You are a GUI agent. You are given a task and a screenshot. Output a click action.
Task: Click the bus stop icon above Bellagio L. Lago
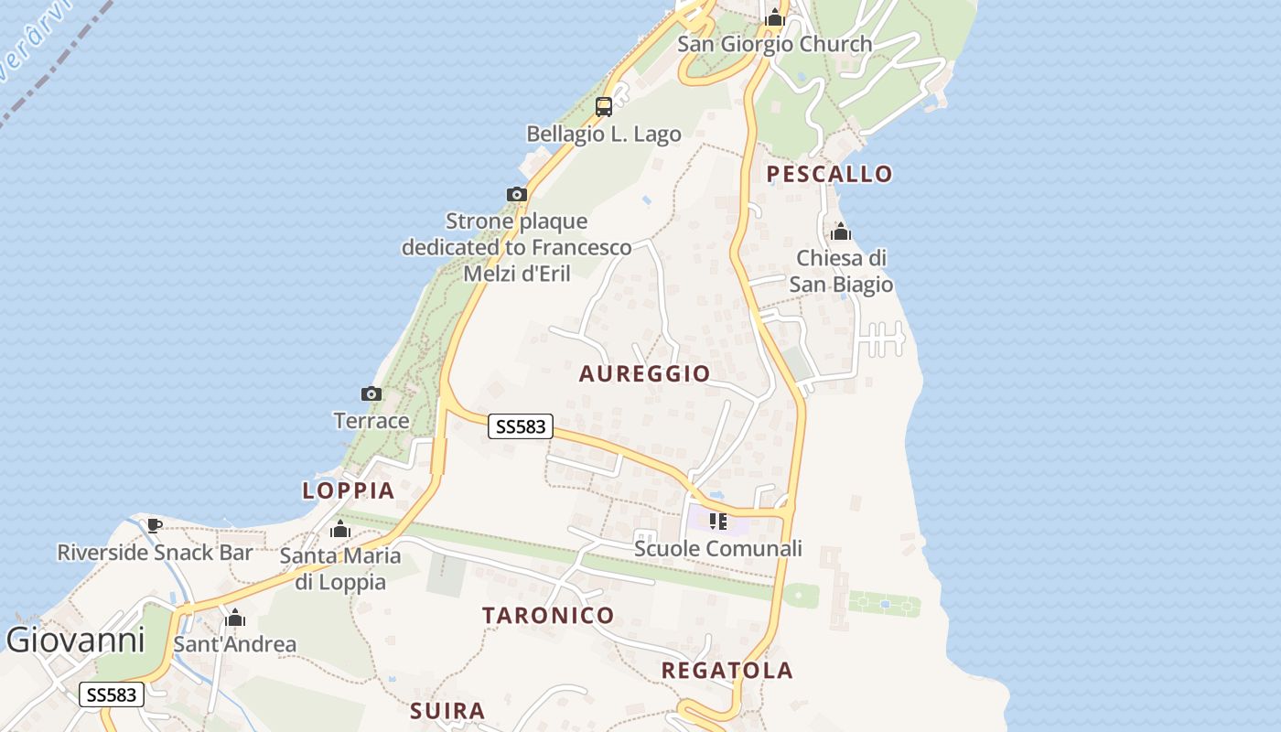[604, 106]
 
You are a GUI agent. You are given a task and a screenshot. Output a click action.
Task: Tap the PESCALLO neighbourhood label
[829, 174]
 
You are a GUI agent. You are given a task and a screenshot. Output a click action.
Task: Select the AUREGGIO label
[644, 373]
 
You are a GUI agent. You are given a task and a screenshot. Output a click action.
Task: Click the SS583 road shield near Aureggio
[521, 426]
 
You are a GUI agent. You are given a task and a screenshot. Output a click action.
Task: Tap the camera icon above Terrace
[371, 394]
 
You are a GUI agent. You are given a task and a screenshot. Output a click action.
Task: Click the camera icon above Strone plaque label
[517, 194]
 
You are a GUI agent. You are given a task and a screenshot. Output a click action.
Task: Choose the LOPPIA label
[349, 490]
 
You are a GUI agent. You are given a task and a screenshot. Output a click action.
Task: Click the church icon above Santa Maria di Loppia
[340, 529]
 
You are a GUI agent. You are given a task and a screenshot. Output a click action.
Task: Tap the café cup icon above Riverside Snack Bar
[154, 525]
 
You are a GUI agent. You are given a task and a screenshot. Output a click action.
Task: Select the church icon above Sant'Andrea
[235, 618]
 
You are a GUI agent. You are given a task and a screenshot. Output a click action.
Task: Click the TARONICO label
[548, 615]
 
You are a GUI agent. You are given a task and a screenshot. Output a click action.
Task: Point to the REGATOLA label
[727, 671]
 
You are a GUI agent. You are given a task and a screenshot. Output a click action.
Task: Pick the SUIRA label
[447, 711]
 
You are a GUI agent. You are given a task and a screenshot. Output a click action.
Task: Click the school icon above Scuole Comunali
[718, 522]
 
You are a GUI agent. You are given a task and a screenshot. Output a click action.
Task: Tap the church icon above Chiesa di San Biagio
[841, 231]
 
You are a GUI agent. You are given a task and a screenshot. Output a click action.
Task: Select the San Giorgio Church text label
[775, 44]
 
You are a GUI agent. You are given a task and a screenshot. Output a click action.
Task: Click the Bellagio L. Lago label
[604, 135]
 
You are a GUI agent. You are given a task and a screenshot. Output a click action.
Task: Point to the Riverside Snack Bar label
[155, 553]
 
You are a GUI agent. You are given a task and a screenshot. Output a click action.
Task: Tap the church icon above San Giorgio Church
[775, 17]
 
